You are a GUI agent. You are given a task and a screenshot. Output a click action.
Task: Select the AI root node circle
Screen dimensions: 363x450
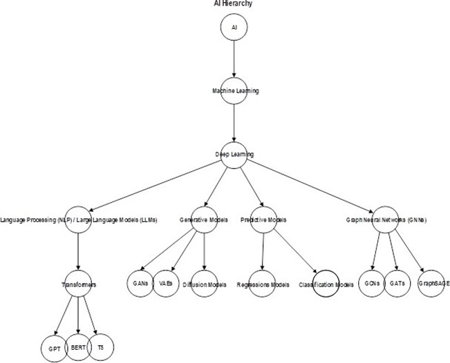tap(234, 26)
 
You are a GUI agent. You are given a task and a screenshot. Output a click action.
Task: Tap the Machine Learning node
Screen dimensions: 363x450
tap(234, 91)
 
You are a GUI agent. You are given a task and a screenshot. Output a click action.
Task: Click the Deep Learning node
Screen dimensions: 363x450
tap(234, 153)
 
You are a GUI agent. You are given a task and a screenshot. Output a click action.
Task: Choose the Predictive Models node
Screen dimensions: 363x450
tap(263, 219)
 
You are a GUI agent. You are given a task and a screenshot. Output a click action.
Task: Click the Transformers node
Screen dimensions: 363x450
tap(77, 284)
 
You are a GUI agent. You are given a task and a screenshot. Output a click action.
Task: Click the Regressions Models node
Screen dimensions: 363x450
tap(263, 284)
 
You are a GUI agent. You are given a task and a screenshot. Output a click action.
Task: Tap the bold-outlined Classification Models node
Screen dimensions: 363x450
tap(326, 284)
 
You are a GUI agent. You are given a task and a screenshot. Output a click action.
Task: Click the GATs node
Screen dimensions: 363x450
tap(397, 283)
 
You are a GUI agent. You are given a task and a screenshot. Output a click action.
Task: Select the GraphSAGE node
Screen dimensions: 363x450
tap(429, 284)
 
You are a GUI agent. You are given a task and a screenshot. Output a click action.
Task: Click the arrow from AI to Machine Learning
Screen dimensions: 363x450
tap(234, 59)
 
